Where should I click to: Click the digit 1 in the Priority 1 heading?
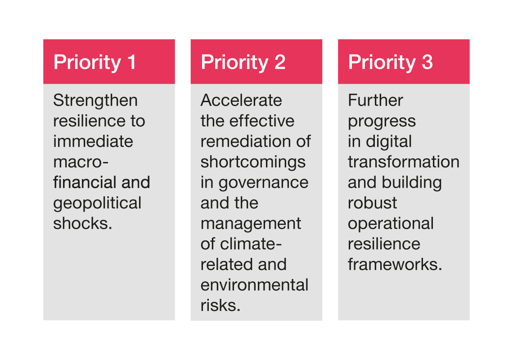click(132, 62)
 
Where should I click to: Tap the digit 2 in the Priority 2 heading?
click(280, 62)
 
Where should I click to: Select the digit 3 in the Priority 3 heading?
click(427, 62)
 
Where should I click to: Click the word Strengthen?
click(95, 100)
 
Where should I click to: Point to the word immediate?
click(93, 141)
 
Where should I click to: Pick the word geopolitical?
click(97, 203)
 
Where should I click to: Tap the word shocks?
click(82, 224)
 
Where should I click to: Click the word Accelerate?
click(241, 100)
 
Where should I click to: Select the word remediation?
click(245, 141)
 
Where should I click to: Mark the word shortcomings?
click(253, 162)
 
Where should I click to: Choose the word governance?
click(263, 183)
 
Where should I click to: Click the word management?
click(251, 224)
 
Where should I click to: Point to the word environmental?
click(255, 285)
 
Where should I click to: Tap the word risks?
click(220, 306)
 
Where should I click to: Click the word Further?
click(375, 100)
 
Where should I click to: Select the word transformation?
click(404, 162)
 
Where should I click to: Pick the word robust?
click(372, 203)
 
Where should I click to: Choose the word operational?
click(391, 224)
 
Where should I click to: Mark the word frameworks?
click(395, 265)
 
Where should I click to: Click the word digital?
click(389, 142)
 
